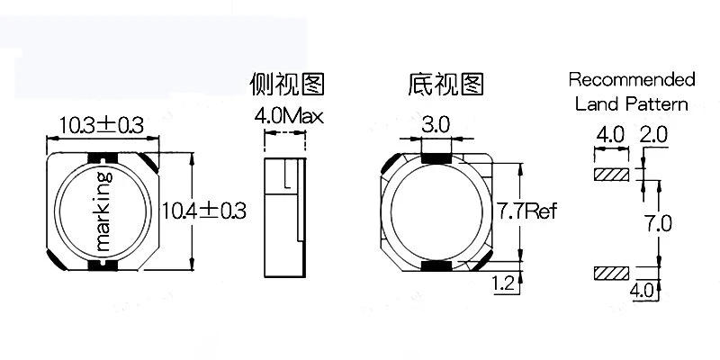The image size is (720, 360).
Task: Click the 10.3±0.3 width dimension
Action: tap(101, 125)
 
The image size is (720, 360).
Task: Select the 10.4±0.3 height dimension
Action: tap(204, 211)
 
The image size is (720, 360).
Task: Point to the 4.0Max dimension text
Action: tap(288, 116)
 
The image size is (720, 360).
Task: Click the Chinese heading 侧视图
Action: tap(286, 85)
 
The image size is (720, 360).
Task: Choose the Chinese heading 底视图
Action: tap(445, 85)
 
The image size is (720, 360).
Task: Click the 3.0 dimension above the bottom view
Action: tap(436, 125)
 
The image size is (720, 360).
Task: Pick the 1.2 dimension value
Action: tap(503, 285)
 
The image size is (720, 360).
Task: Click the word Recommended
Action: tap(632, 79)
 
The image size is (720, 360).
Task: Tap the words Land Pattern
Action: tap(632, 103)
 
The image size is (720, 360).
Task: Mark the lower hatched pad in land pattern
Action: tap(611, 272)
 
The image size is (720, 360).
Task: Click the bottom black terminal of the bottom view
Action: tap(436, 267)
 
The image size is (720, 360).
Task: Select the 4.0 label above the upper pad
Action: tap(609, 135)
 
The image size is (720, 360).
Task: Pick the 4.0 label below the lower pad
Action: tap(641, 290)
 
